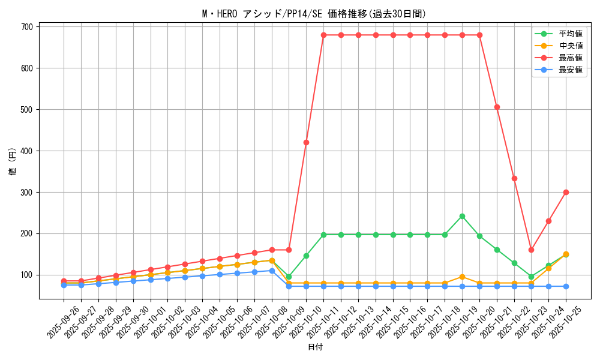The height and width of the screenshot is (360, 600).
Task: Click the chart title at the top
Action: [314, 14]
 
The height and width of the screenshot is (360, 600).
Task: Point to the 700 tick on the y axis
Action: [27, 27]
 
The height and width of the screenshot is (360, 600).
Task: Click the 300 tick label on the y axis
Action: [27, 193]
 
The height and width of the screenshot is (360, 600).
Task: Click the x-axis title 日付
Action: [315, 347]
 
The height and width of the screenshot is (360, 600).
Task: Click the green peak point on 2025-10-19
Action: [462, 216]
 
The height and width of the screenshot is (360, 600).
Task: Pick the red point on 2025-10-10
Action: [306, 142]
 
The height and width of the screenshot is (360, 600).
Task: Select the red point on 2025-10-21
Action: [497, 107]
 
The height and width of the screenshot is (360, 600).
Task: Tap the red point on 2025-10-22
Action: [514, 178]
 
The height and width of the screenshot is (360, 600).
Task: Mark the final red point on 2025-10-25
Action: [566, 192]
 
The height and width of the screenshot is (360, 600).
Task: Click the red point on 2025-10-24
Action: [548, 221]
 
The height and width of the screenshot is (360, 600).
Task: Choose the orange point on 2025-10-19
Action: [462, 277]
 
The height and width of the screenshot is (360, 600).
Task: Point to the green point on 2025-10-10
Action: [306, 256]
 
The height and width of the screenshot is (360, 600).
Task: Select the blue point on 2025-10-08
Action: [272, 271]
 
